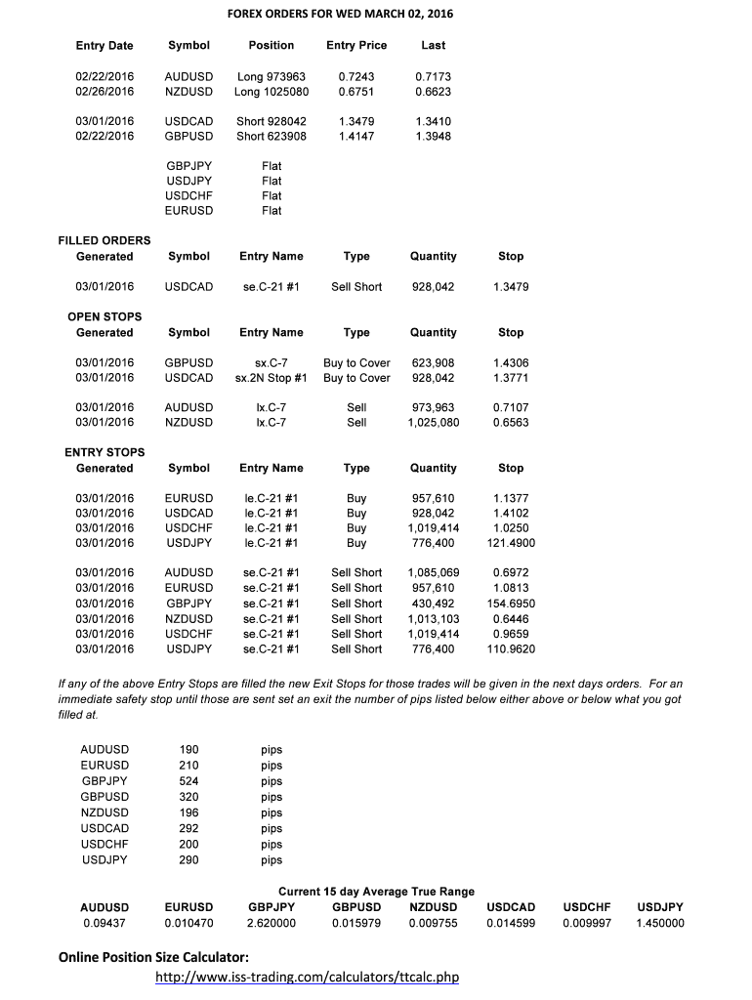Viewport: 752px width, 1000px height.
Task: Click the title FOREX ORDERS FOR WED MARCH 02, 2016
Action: (x=340, y=14)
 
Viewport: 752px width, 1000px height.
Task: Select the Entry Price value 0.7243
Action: (x=355, y=76)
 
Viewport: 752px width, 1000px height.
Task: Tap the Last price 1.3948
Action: (x=433, y=136)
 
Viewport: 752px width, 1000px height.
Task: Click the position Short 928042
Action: (x=271, y=121)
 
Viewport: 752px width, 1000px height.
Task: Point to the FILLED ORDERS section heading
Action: (x=104, y=240)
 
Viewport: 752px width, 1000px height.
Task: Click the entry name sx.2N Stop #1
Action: (x=271, y=378)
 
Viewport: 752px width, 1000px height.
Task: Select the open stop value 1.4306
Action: (x=511, y=362)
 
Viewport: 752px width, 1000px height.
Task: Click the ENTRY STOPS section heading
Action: (x=104, y=452)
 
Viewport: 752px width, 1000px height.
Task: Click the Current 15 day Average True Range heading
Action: (x=377, y=892)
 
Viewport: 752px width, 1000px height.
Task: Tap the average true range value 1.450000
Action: (x=660, y=923)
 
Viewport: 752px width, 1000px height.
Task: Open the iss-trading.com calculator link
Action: (x=308, y=978)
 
